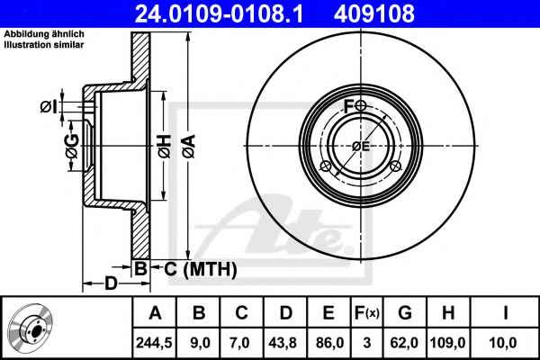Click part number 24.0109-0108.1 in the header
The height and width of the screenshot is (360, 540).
(x=219, y=13)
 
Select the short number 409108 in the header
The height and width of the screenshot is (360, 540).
(x=373, y=13)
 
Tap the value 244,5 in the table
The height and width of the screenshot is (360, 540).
(x=154, y=343)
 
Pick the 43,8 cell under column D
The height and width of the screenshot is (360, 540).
(x=283, y=343)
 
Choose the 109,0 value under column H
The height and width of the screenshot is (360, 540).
(x=447, y=343)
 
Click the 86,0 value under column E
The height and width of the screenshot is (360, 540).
(x=328, y=343)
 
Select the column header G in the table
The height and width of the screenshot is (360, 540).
(x=405, y=313)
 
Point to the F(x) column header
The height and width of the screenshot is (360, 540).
(x=367, y=313)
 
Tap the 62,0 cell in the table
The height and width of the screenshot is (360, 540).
(x=405, y=343)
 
